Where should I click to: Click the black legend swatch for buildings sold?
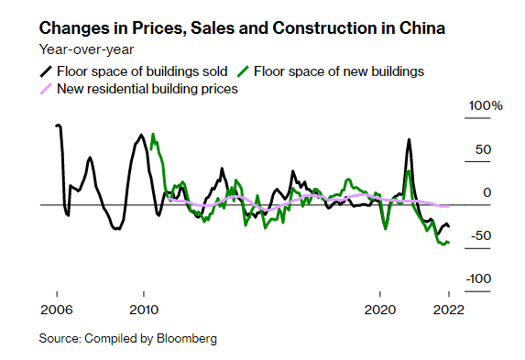click(46, 71)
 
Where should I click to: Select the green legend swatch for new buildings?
click(243, 71)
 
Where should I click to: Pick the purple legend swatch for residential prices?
click(46, 89)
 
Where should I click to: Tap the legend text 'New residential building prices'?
click(148, 89)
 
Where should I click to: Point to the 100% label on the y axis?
click(486, 107)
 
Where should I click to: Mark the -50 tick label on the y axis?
click(479, 235)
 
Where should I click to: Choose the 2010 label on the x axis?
click(143, 308)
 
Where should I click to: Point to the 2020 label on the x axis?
click(378, 308)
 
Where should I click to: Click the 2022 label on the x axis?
click(448, 308)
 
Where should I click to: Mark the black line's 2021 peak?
click(409, 139)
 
